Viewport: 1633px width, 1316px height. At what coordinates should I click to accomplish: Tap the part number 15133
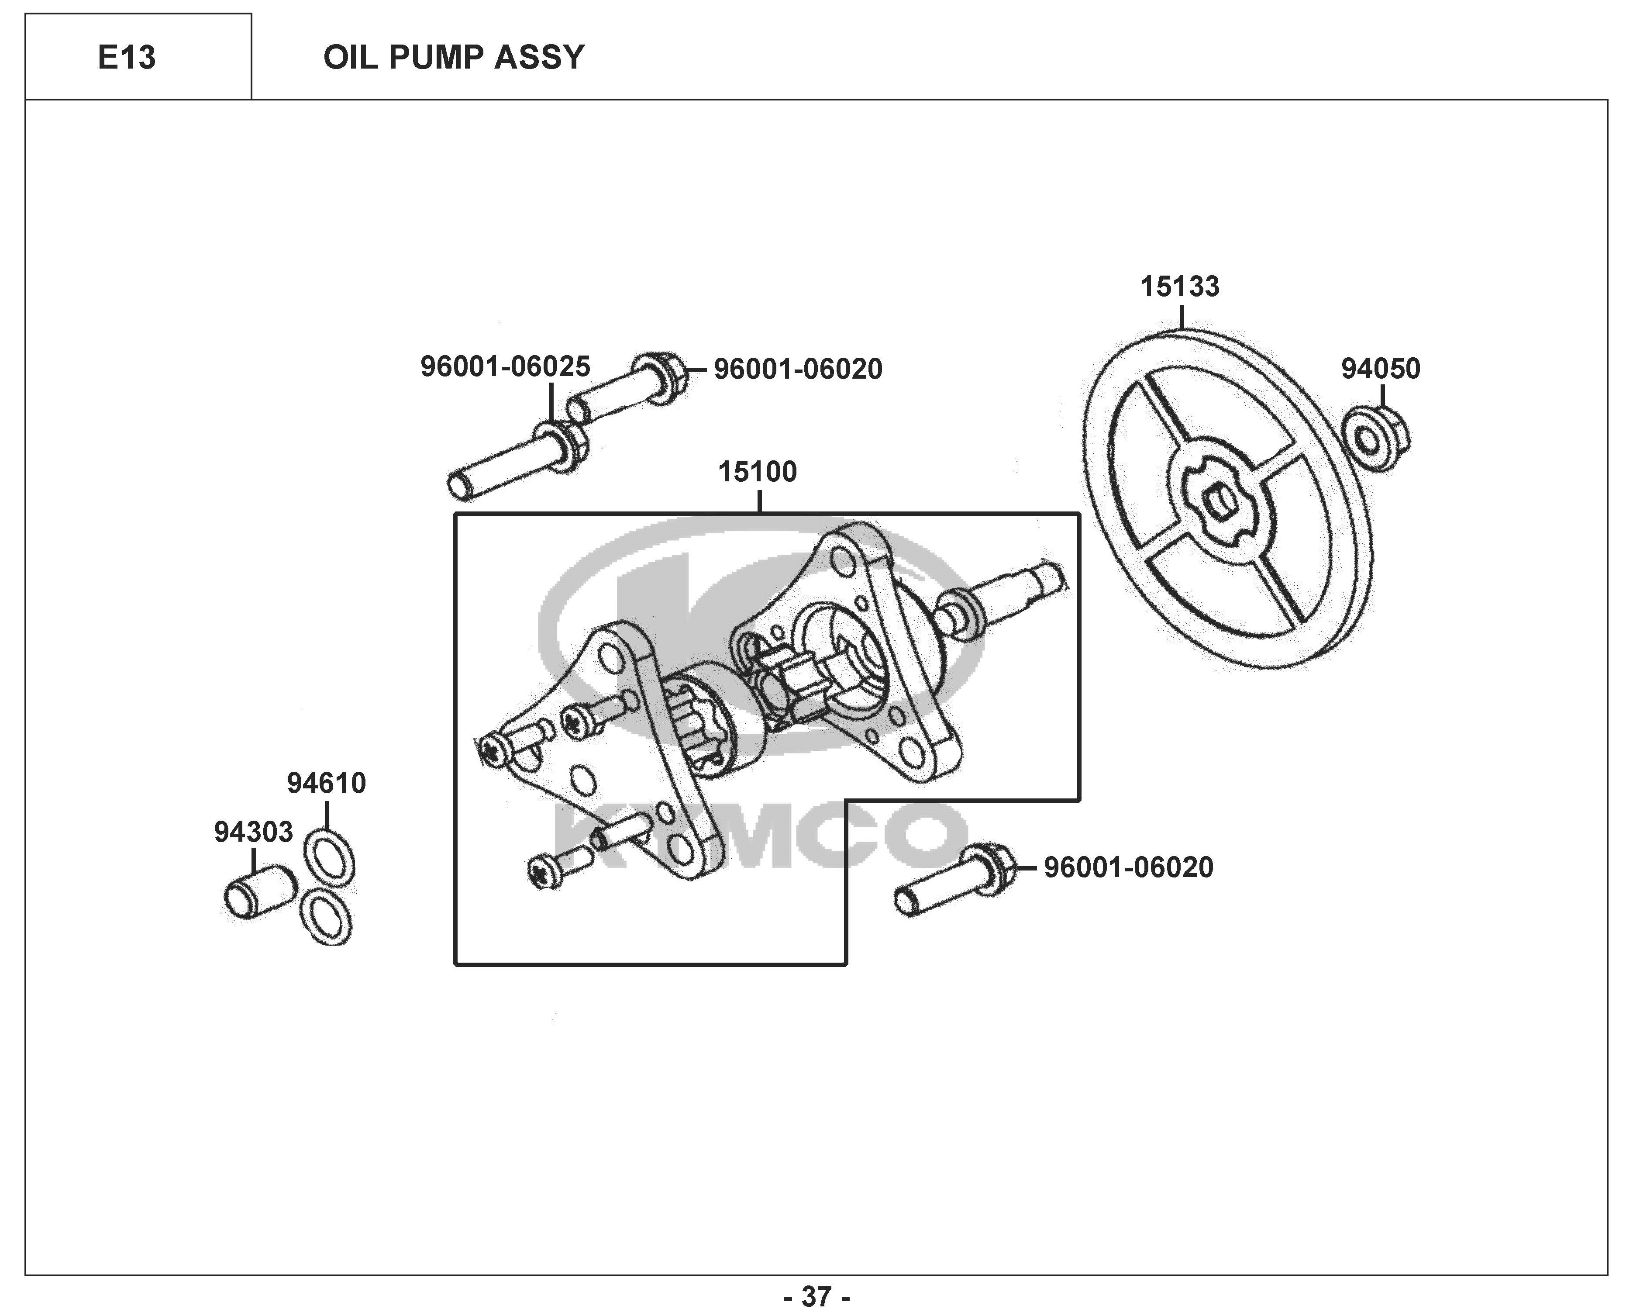[x=1180, y=287]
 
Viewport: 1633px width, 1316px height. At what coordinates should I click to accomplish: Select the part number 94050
[x=1381, y=369]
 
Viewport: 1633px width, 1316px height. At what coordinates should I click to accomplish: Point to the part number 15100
[x=758, y=472]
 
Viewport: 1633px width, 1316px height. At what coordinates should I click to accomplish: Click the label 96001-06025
[x=506, y=367]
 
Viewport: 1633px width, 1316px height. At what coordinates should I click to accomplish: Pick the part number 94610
[x=327, y=783]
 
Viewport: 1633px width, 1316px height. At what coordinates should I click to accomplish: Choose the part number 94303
[x=253, y=832]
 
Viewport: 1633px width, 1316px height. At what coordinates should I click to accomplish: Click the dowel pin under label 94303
[x=260, y=893]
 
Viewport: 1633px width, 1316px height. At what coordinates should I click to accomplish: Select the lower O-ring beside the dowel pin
[x=326, y=916]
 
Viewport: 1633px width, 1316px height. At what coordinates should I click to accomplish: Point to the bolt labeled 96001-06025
[x=517, y=459]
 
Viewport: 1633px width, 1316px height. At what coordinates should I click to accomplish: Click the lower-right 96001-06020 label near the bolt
[x=1128, y=867]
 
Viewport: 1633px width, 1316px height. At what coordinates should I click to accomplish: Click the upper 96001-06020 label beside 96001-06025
[x=798, y=369]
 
